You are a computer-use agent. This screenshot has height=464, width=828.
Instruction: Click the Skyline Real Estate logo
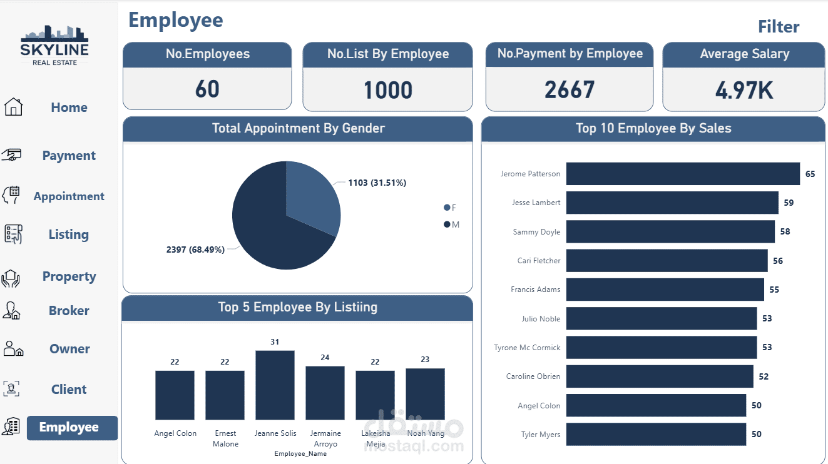(54, 45)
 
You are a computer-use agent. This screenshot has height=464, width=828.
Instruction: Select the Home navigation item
(69, 108)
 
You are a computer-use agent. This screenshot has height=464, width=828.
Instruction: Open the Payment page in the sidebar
(69, 156)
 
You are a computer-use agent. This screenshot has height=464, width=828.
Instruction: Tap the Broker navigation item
(69, 311)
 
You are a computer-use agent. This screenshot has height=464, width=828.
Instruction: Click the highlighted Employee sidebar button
(71, 428)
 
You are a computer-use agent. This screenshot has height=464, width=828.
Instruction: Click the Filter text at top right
(778, 27)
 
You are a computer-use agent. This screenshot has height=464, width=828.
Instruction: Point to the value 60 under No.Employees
(207, 89)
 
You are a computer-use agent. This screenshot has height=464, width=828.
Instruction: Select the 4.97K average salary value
(744, 91)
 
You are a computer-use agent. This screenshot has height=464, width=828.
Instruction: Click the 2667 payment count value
(569, 90)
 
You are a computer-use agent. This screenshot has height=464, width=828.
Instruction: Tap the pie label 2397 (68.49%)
(195, 250)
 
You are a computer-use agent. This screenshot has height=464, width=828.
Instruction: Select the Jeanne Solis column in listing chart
(275, 385)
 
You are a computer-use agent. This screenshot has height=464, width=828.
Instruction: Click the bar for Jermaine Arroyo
(325, 393)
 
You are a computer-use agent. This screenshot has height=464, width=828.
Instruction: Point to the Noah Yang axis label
(426, 433)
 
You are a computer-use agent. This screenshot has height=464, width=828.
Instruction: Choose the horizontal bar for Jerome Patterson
(682, 174)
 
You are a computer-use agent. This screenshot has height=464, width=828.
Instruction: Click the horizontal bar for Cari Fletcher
(667, 261)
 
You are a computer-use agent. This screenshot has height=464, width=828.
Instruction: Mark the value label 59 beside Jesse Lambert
(789, 203)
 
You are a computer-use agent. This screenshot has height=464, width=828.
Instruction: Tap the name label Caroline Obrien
(533, 376)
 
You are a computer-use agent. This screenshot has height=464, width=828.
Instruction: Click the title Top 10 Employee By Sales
(653, 129)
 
